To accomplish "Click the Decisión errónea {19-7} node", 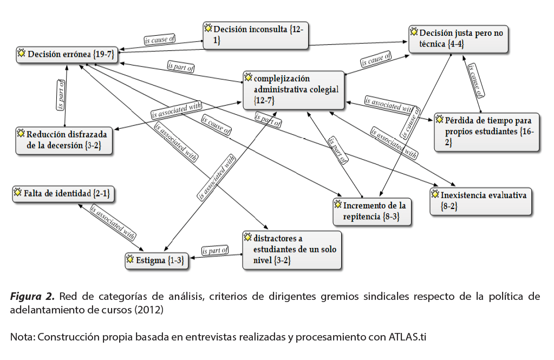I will (x=66, y=54).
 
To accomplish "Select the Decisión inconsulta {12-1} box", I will (x=257, y=36).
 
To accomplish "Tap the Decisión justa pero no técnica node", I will (x=458, y=39).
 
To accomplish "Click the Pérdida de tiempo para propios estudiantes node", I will (x=487, y=132).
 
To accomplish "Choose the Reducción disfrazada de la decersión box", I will (x=64, y=140).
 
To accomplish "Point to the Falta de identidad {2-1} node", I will (x=64, y=193).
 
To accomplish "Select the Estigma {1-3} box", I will (x=156, y=260).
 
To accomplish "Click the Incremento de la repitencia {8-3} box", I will (x=372, y=211).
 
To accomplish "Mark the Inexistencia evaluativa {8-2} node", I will (x=481, y=201).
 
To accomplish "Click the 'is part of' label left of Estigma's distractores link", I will (x=215, y=251).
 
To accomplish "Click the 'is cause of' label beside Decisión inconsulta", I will (x=159, y=40).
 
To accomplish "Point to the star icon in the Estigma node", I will (x=130, y=260).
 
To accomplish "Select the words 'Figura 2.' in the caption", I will (x=31, y=297).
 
